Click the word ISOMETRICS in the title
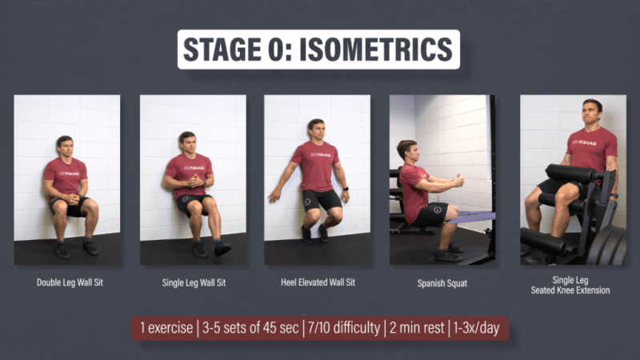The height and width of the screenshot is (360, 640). point(376,50)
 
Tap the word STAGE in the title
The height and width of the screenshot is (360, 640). point(222,50)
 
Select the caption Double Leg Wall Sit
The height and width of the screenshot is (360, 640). point(70,282)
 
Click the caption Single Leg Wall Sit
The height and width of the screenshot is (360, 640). point(194,282)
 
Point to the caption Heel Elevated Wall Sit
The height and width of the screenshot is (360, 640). point(318,282)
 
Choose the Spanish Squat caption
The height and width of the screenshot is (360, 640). point(442,283)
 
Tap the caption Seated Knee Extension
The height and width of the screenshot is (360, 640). point(570,290)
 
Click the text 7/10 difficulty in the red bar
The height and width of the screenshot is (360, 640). point(344,328)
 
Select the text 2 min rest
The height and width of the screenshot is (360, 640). point(417,328)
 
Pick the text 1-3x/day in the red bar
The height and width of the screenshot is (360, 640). point(476,328)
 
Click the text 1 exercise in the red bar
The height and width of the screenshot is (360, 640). point(166,328)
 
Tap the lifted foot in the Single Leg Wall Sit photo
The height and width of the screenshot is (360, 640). point(222,248)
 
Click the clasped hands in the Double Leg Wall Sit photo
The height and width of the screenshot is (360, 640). point(73,199)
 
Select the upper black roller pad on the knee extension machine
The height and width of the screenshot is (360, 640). point(572,173)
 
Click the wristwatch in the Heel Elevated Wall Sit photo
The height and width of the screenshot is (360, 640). point(346,189)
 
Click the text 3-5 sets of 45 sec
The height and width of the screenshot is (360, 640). point(250,328)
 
